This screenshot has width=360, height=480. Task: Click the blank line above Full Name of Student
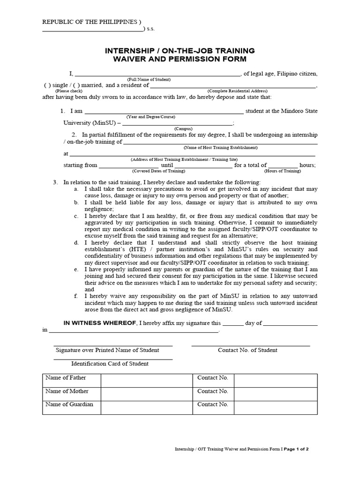pos(157,74)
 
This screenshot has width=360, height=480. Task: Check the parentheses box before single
pos(47,85)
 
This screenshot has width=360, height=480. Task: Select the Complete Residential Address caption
pos(238,91)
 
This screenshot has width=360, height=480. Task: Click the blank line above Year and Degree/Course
pos(164,112)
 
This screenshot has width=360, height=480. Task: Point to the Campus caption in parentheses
pos(183,128)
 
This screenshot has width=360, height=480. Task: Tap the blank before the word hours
pos(283,165)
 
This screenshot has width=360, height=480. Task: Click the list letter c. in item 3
pos(76,216)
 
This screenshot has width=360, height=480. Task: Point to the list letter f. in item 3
pos(76,296)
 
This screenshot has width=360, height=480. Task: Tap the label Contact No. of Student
pos(247,350)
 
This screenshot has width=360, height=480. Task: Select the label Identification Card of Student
pos(110,363)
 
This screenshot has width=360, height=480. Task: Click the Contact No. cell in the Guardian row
pos(213,405)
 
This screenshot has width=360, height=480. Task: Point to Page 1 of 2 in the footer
pos(296,449)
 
